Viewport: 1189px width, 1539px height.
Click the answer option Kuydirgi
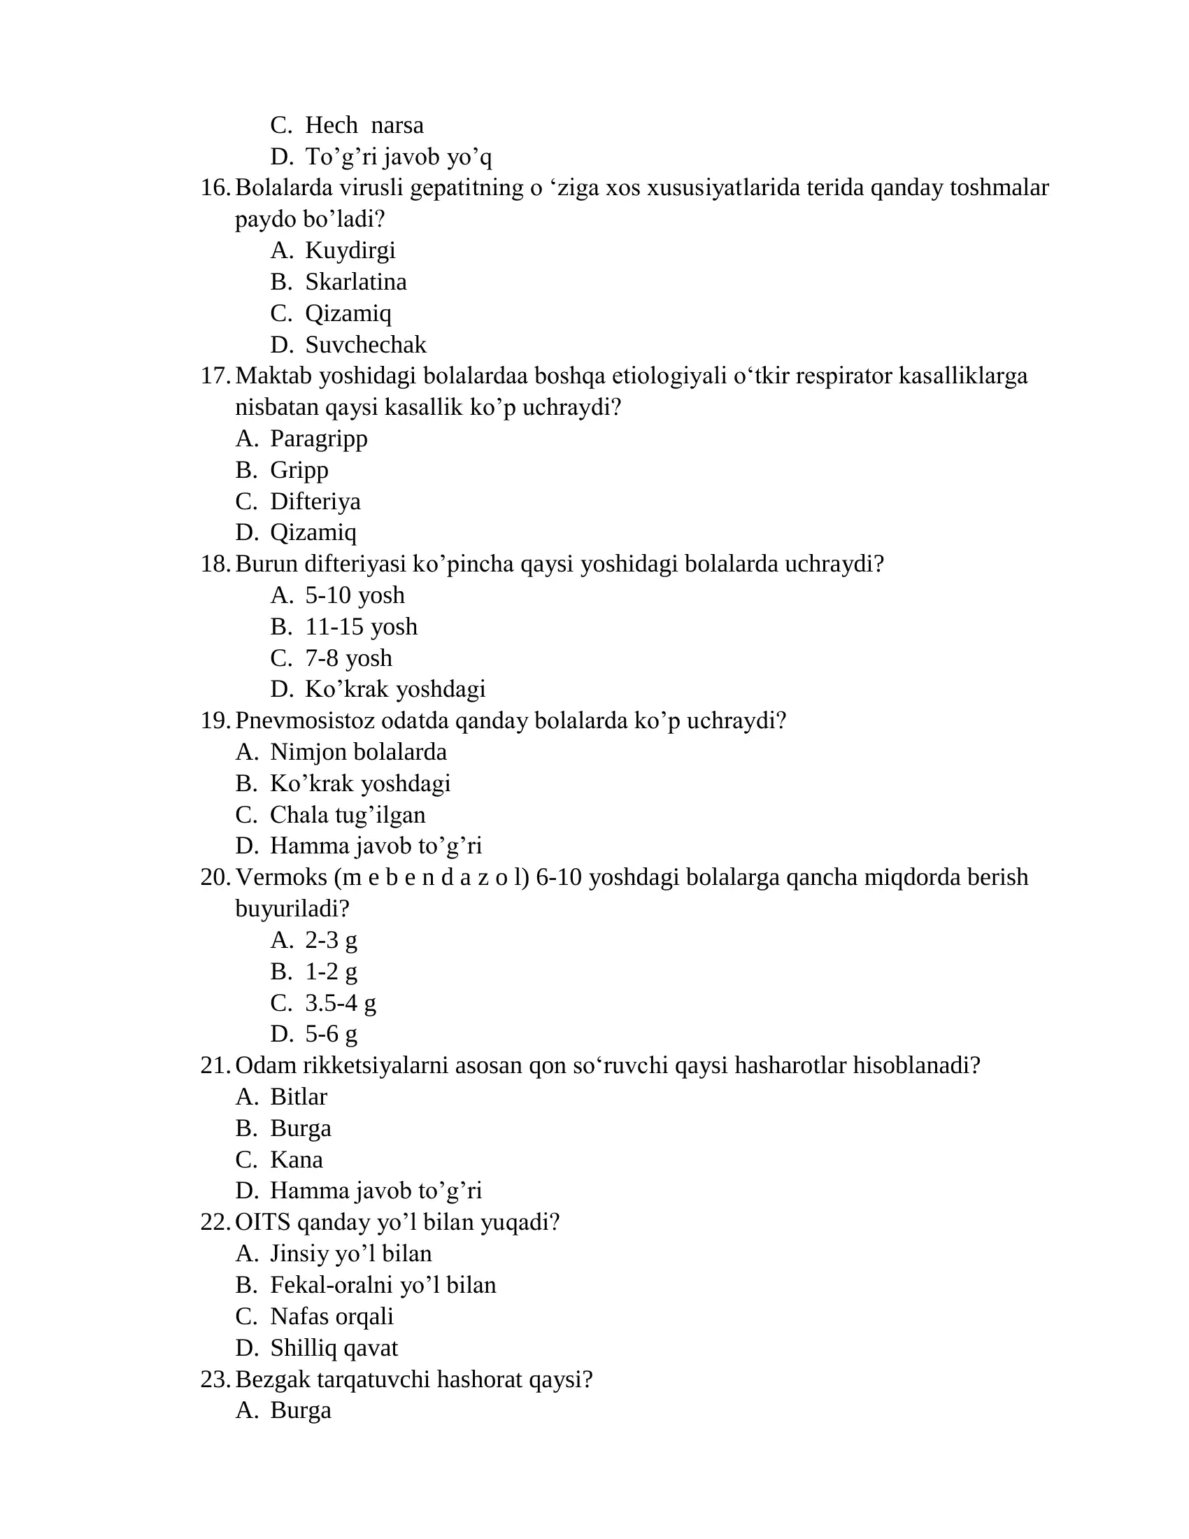350,250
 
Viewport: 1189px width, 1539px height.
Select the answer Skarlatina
356,282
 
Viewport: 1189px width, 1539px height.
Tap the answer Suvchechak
366,345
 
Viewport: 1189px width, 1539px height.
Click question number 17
215,376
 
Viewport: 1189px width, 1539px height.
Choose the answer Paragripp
318,439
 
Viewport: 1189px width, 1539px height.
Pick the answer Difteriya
315,501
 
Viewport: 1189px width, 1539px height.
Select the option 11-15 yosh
361,627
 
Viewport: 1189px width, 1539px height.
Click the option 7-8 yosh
348,658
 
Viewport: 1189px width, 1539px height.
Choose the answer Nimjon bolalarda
358,752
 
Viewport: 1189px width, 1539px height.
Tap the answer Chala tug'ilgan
348,814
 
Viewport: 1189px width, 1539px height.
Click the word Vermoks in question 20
281,877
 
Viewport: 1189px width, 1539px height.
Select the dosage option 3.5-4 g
340,1002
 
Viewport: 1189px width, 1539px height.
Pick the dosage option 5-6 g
331,1034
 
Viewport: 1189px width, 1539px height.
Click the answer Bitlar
299,1096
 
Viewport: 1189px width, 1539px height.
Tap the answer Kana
297,1159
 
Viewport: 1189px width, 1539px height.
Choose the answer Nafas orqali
332,1317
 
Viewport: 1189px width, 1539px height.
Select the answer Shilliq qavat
334,1347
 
